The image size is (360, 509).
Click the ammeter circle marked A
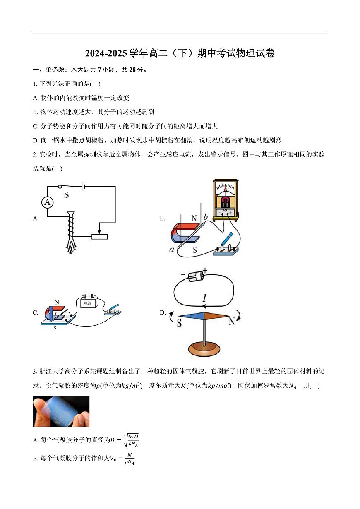click(x=48, y=202)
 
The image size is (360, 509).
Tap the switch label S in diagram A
click(x=66, y=194)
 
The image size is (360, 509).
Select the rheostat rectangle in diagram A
click(x=99, y=237)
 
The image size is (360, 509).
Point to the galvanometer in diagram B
click(x=225, y=199)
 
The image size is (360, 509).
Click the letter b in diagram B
click(x=206, y=217)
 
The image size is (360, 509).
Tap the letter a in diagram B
click(x=172, y=250)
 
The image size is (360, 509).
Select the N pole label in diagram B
click(x=194, y=218)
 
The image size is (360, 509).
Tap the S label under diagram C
click(x=55, y=328)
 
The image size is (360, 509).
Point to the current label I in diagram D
click(x=204, y=298)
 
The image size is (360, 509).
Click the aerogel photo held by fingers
click(x=61, y=411)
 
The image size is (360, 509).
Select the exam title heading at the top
click(x=180, y=53)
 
